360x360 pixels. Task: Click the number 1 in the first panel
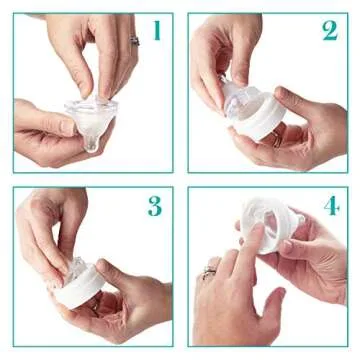[156, 31]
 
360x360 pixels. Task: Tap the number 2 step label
[329, 30]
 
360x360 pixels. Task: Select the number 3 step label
[154, 206]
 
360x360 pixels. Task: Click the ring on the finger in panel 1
[134, 41]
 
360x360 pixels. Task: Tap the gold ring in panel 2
[277, 141]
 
